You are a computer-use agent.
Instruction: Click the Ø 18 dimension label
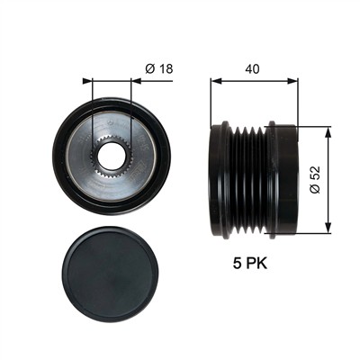coord(159,69)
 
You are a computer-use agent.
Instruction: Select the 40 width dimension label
coord(252,69)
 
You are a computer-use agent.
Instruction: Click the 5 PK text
coord(250,264)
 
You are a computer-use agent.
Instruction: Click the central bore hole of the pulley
coord(111,156)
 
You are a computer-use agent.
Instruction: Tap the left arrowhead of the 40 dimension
coord(216,81)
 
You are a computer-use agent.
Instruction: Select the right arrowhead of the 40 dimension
coord(292,81)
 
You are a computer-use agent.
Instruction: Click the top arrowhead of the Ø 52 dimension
coord(328,131)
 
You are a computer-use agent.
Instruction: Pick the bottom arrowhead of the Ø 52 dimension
coord(328,228)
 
